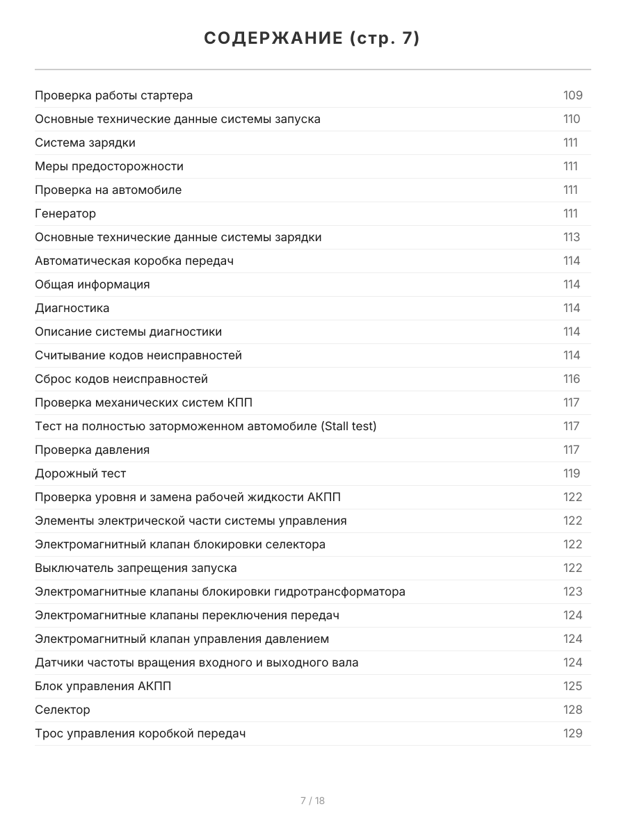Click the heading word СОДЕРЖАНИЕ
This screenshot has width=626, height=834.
(x=273, y=39)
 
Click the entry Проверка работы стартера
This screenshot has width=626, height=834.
(x=113, y=95)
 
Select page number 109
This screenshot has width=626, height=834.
(x=572, y=95)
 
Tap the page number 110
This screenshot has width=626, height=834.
(x=571, y=119)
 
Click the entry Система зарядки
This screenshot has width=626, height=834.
(x=85, y=142)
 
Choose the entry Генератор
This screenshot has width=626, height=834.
(x=65, y=213)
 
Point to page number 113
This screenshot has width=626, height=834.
(x=571, y=237)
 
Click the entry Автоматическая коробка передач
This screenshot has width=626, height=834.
(x=134, y=261)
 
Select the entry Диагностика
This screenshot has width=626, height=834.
(x=72, y=308)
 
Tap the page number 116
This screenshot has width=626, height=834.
(x=571, y=379)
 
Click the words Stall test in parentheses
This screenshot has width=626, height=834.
(x=348, y=426)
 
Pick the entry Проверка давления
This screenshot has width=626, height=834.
(x=92, y=450)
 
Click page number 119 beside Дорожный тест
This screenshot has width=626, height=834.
(x=571, y=473)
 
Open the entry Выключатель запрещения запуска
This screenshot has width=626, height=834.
(x=136, y=568)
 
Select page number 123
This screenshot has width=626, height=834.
(x=572, y=591)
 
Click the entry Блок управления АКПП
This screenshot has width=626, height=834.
(x=103, y=686)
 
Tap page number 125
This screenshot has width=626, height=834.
(x=572, y=686)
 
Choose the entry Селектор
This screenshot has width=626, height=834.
(x=63, y=710)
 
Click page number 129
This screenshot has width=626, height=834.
(x=572, y=733)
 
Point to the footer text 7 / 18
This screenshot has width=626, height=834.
(x=312, y=801)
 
